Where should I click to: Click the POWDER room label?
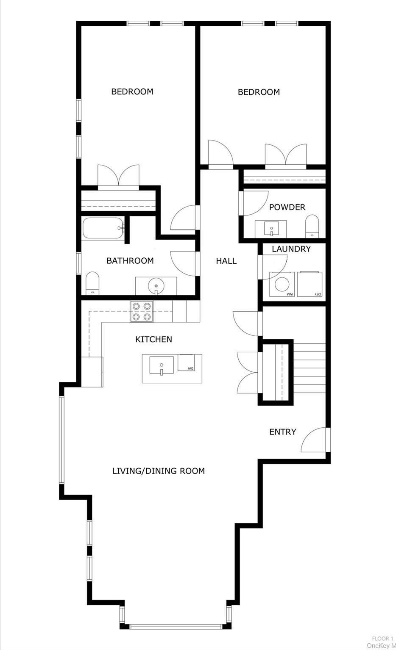coord(287,207)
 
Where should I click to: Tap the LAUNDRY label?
coord(291,249)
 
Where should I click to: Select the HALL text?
coord(226,261)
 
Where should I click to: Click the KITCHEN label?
coord(153,339)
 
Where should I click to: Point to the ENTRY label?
coord(282,432)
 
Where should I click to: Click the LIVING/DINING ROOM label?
coord(158,471)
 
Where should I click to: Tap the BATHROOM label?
coord(130,261)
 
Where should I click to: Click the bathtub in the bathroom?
coord(103,228)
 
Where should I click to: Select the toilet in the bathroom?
coord(92,284)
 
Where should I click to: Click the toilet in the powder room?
coord(312,226)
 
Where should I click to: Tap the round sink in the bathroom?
coord(156,285)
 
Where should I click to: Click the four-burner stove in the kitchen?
coord(142,311)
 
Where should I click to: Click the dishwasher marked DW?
coord(190,362)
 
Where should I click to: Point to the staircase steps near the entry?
coord(309,364)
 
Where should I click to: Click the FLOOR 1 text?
coord(382,639)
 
